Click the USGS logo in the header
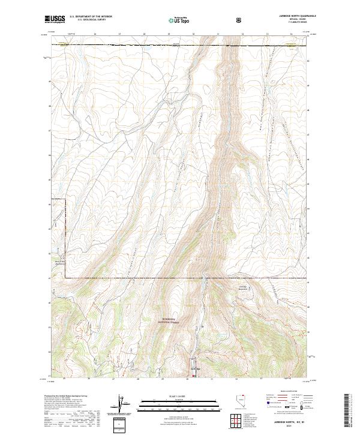[55, 20]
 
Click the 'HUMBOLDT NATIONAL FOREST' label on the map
[171, 320]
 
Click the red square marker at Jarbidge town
[193, 376]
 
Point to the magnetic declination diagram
[118, 406]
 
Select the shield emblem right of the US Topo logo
[205, 20]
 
